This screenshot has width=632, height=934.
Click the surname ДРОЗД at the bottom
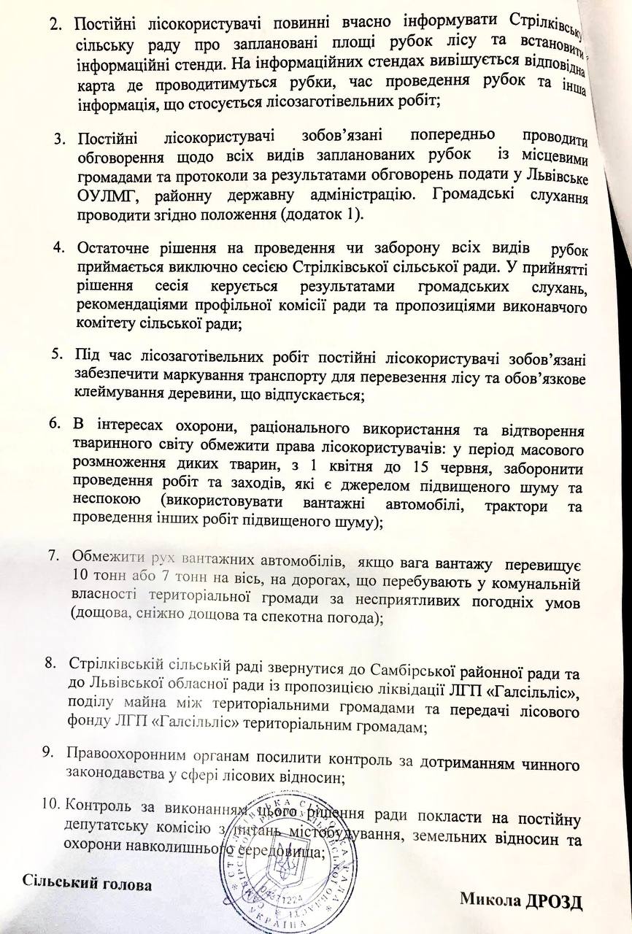[554, 900]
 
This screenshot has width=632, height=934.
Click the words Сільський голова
[87, 884]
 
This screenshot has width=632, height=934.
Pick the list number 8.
[51, 663]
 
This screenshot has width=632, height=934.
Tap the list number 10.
[50, 805]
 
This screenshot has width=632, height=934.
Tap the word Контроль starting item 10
[99, 806]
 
